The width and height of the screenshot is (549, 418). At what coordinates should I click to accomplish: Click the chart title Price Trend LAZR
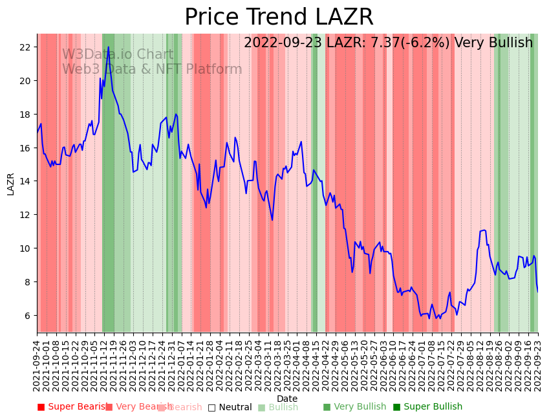click(279, 17)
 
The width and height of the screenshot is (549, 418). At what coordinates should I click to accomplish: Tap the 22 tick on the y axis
click(25, 47)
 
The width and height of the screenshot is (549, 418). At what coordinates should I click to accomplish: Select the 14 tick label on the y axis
click(25, 181)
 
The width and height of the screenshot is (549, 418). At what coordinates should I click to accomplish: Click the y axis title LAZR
click(11, 183)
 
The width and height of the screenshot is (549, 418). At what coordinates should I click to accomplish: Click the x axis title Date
click(287, 399)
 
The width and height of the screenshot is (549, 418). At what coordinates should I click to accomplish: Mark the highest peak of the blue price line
click(108, 47)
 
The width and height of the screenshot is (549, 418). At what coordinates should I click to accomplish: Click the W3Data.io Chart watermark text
click(118, 55)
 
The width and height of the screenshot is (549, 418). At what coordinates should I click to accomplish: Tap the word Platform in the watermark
click(213, 70)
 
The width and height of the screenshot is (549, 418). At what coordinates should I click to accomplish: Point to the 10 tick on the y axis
click(25, 248)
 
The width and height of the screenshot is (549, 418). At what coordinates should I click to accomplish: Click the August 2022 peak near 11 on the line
click(482, 230)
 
